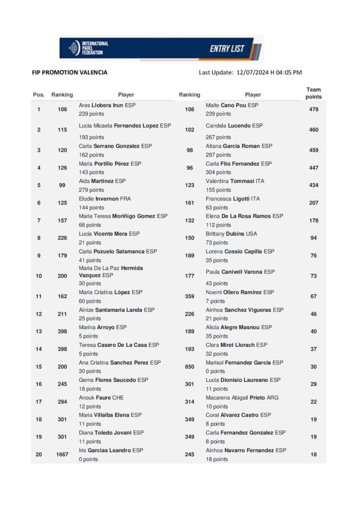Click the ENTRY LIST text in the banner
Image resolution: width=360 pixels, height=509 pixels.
[227, 49]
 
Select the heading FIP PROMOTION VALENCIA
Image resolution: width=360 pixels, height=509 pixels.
[70, 73]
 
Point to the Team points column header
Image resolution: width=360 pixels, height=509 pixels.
[313, 93]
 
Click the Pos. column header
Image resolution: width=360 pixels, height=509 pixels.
[39, 94]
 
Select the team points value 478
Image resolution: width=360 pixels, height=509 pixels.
[313, 109]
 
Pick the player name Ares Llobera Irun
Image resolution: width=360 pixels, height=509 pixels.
[107, 105]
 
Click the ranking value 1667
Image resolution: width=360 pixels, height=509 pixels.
[62, 454]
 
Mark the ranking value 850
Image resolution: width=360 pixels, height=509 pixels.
[189, 367]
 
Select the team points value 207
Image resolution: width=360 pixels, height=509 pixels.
[313, 203]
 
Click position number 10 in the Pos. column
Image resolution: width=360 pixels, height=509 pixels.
[39, 276]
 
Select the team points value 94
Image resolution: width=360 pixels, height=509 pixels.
[313, 238]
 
